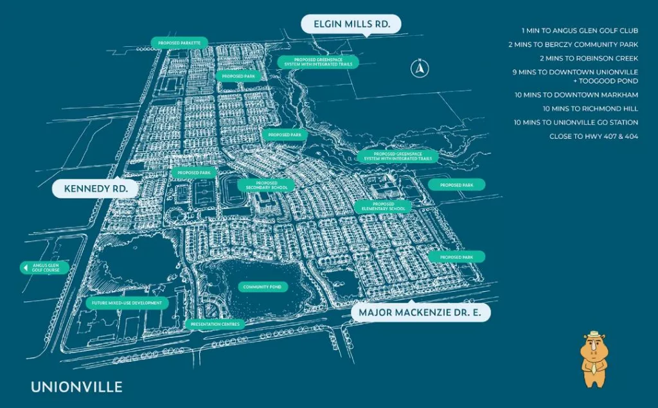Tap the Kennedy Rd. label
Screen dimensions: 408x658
(94, 189)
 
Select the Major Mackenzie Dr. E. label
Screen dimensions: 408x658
(421, 313)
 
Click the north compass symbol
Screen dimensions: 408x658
(420, 67)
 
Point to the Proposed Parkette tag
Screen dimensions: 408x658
(180, 43)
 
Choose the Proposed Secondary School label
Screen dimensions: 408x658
(266, 186)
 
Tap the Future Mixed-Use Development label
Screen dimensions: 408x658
(127, 303)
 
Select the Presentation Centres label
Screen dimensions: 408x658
(215, 324)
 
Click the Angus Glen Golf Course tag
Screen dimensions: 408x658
(44, 268)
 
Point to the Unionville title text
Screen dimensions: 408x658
(76, 387)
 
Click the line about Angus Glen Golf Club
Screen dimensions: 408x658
(580, 30)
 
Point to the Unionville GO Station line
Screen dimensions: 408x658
(576, 122)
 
